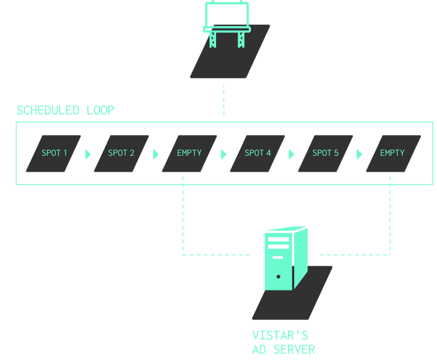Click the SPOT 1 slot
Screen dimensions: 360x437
pyautogui.click(x=54, y=153)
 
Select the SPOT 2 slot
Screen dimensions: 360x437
pyautogui.click(x=122, y=153)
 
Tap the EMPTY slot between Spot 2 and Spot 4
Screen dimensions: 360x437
pyautogui.click(x=189, y=153)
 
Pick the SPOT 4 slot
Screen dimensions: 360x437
pyautogui.click(x=258, y=153)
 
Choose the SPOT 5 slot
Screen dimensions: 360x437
pyautogui.click(x=325, y=153)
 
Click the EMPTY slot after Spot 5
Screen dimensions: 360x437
pyautogui.click(x=392, y=153)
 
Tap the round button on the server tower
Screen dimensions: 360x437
pyautogui.click(x=278, y=277)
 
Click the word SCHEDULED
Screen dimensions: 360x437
pyautogui.click(x=49, y=110)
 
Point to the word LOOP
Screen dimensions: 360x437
pyautogui.click(x=101, y=110)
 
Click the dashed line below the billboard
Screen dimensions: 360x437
pyautogui.click(x=224, y=99)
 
